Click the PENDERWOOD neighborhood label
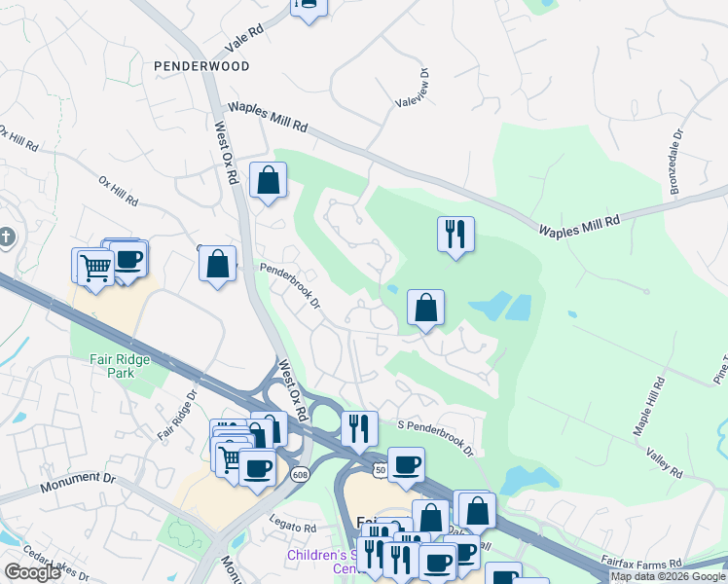(x=201, y=66)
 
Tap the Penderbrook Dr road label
(x=289, y=284)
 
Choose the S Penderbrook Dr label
(x=434, y=438)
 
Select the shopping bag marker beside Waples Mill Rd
(x=268, y=181)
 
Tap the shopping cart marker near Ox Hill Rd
(x=94, y=267)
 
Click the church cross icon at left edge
(x=6, y=237)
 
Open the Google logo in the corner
(x=32, y=572)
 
